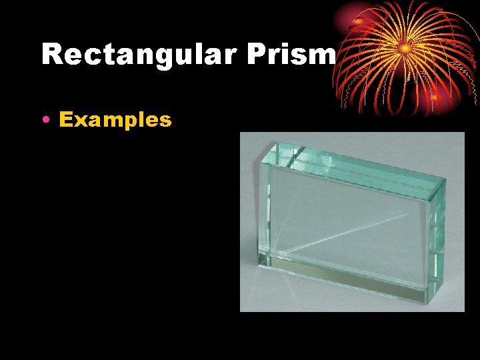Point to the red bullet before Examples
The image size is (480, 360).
coord(45,120)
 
